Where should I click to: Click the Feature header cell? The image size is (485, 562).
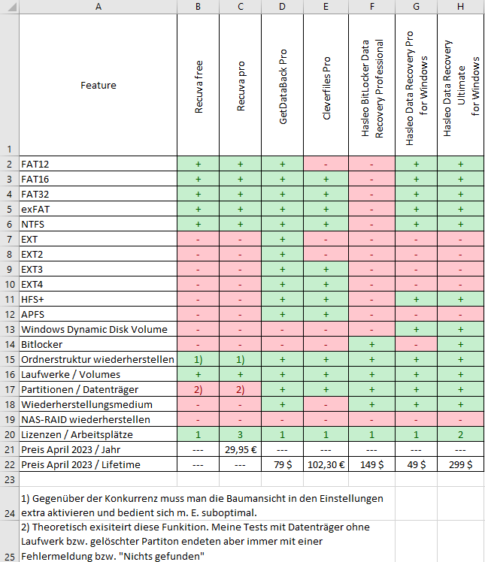(98, 85)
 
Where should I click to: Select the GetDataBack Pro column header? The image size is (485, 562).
(283, 85)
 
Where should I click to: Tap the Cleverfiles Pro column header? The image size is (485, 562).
(326, 85)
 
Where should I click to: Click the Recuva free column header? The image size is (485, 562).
(199, 85)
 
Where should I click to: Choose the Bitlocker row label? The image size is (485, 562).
(42, 343)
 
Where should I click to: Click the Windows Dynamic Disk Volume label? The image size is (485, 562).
(94, 328)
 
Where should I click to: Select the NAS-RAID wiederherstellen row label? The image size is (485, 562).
(86, 418)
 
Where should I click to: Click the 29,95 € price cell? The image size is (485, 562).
(241, 449)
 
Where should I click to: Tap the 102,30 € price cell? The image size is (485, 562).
(326, 464)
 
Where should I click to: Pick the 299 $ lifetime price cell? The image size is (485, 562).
(459, 464)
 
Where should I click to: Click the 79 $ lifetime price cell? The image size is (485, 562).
(283, 464)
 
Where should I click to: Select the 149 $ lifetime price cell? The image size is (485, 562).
(373, 464)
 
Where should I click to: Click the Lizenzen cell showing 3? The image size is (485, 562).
(241, 434)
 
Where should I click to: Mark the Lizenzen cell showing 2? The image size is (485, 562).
(459, 434)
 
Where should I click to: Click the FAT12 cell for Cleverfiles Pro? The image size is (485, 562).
(326, 163)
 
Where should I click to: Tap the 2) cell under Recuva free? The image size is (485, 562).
(199, 388)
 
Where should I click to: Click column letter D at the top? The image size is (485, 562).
(283, 7)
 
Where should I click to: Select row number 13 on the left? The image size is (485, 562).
(9, 328)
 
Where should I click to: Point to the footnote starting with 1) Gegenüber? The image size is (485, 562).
(201, 505)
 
